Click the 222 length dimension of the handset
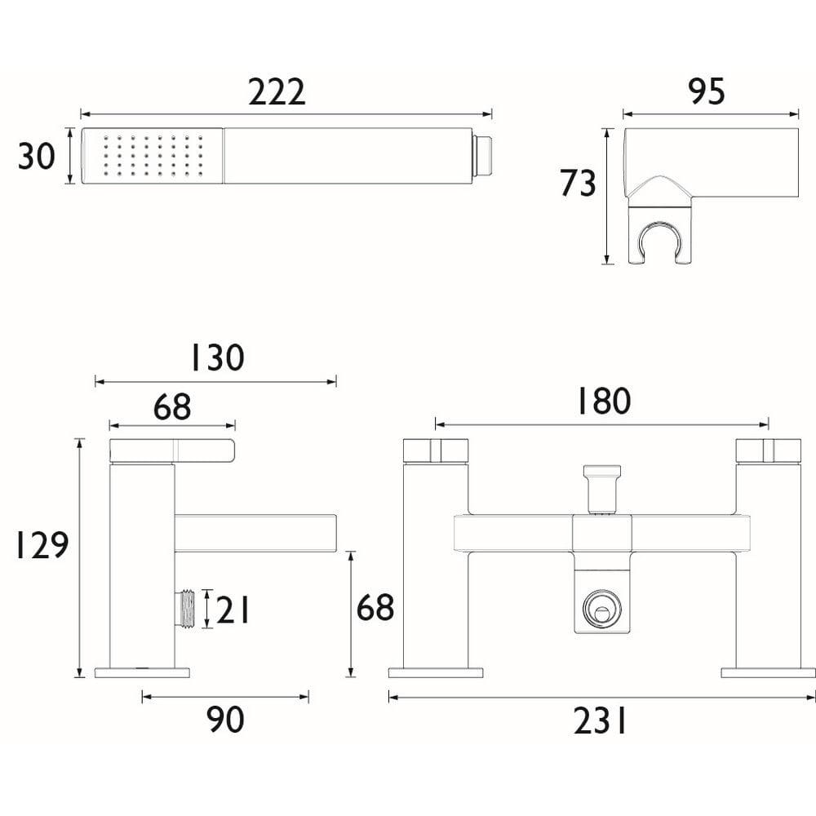pos(277,92)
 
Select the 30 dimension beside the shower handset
pos(37,156)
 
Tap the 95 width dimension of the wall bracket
pos(707,92)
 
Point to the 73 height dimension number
pos(578,184)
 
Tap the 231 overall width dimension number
pos(601,721)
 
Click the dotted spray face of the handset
pos(153,155)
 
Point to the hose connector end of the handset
pos(484,155)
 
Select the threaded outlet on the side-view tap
pos(187,609)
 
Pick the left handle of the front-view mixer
pos(436,450)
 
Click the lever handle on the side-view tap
pos(172,450)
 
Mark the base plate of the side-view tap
pos(142,672)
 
